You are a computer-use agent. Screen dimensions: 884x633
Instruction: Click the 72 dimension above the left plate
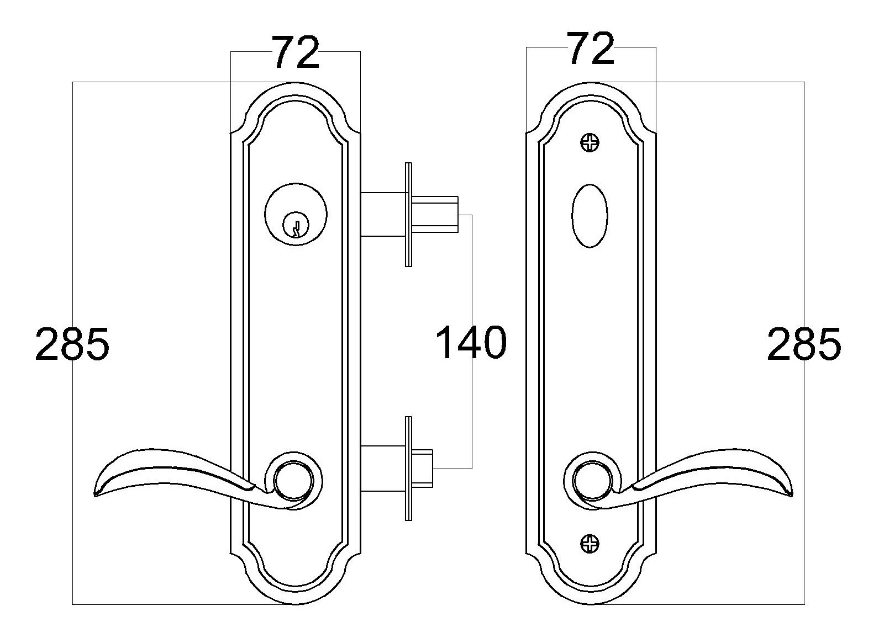(x=296, y=53)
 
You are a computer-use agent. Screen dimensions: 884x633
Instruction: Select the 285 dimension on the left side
(x=72, y=343)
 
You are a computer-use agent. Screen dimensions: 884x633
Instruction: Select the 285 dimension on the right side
(x=804, y=343)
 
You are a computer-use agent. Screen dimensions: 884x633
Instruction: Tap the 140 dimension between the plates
(x=471, y=342)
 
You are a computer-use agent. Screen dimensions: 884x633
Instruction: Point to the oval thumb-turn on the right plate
(x=590, y=216)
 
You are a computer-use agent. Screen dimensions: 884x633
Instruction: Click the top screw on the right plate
(x=590, y=142)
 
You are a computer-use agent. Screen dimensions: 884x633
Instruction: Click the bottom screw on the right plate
(x=590, y=544)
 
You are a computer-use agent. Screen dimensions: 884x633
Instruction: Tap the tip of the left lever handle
(x=95, y=494)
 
